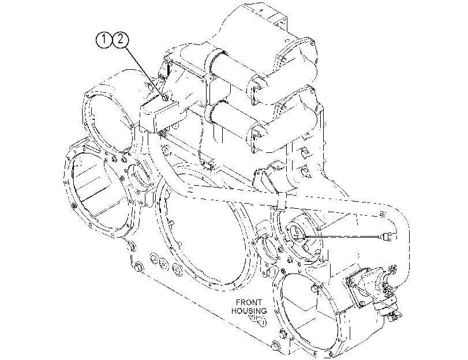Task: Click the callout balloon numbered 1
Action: point(103,40)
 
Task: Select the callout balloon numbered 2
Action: point(120,40)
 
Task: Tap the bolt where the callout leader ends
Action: point(166,97)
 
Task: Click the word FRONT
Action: point(249,302)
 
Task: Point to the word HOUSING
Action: point(249,311)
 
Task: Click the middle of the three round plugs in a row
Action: point(164,263)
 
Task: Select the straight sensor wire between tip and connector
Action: point(343,237)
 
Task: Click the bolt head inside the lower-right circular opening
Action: point(314,288)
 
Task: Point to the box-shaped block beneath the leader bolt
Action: point(159,115)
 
